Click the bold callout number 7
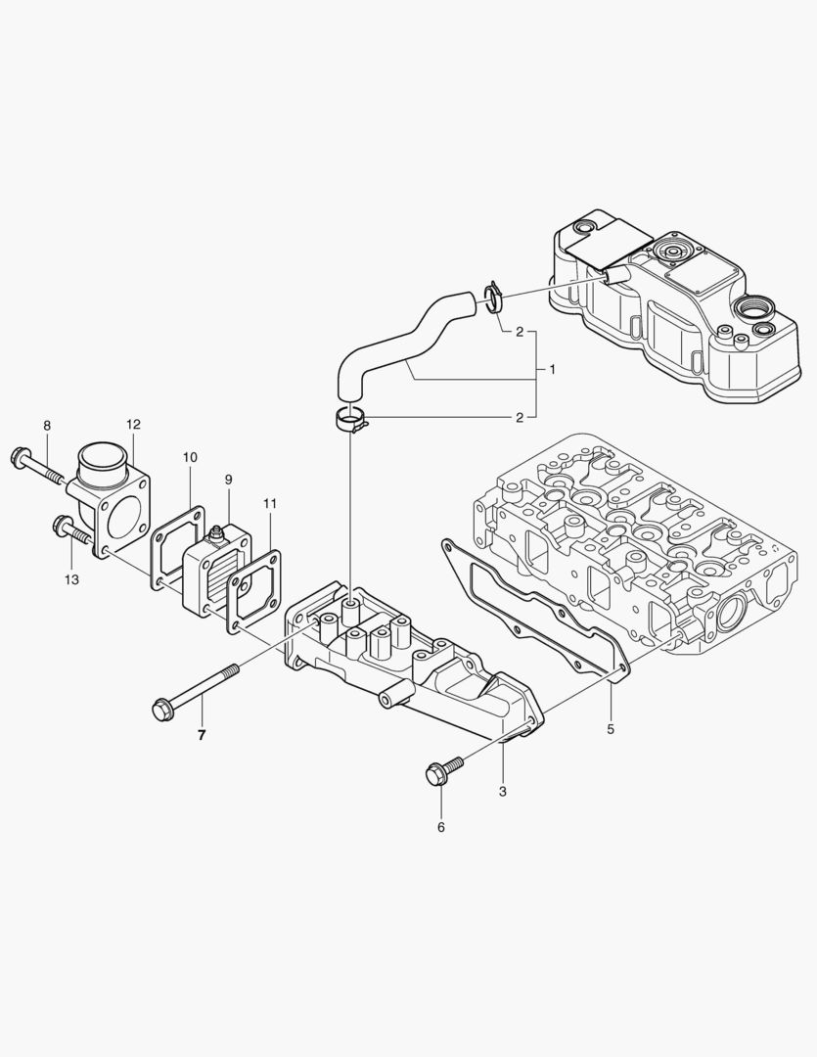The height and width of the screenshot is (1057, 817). [x=202, y=735]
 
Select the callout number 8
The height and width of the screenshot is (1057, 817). [x=46, y=425]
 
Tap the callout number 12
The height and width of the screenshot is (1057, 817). [x=133, y=424]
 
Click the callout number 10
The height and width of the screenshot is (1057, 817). [x=190, y=457]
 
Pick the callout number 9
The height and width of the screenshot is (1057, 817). [x=228, y=480]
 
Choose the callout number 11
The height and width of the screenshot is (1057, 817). [x=270, y=503]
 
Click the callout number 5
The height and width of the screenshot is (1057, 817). [x=610, y=728]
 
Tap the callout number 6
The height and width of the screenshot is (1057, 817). [x=440, y=827]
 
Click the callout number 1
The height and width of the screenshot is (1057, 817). [x=553, y=370]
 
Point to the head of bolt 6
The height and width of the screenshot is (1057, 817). [x=435, y=775]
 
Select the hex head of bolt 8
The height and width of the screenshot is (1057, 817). [x=19, y=455]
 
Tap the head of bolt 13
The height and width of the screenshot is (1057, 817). [x=64, y=526]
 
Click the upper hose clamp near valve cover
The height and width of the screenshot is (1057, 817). [x=493, y=294]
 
